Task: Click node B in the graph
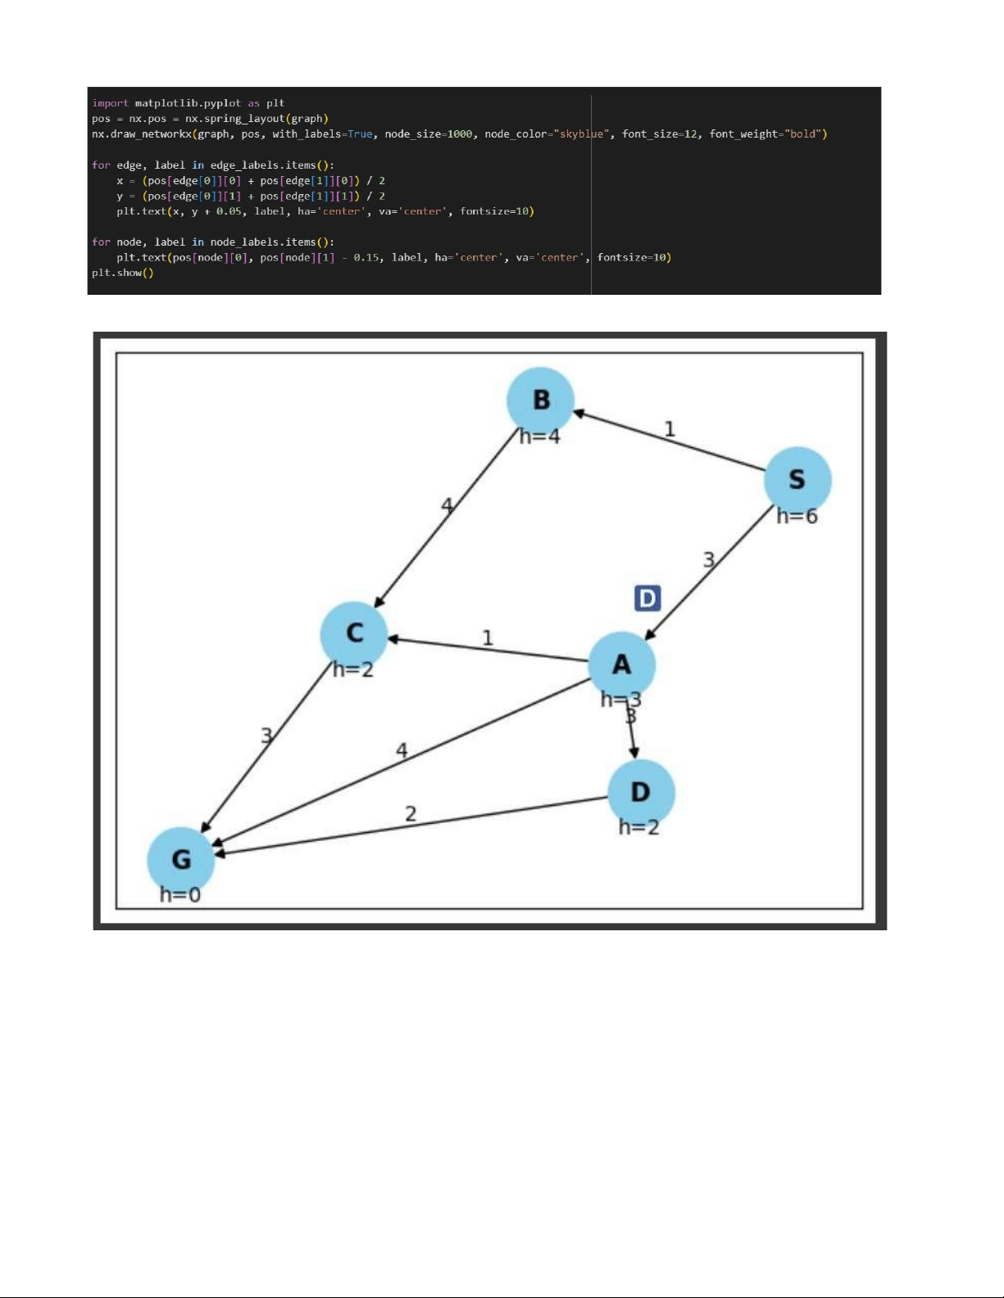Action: [540, 400]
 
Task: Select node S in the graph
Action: [797, 480]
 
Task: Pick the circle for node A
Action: [621, 666]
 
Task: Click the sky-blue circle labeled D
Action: [641, 793]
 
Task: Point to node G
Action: [180, 860]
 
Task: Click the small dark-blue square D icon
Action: [647, 598]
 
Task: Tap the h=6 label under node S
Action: [797, 516]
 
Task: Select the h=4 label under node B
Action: [539, 436]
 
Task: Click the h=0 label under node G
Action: [179, 894]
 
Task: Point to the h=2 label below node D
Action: [638, 827]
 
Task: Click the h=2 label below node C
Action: [352, 670]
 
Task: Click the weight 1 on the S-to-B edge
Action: [670, 429]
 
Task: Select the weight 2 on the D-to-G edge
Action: [411, 813]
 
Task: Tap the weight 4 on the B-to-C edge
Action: [447, 506]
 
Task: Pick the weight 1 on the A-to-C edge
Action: [488, 638]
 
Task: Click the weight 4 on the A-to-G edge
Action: [402, 750]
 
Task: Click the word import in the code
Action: [110, 102]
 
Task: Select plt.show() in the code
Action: [122, 273]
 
